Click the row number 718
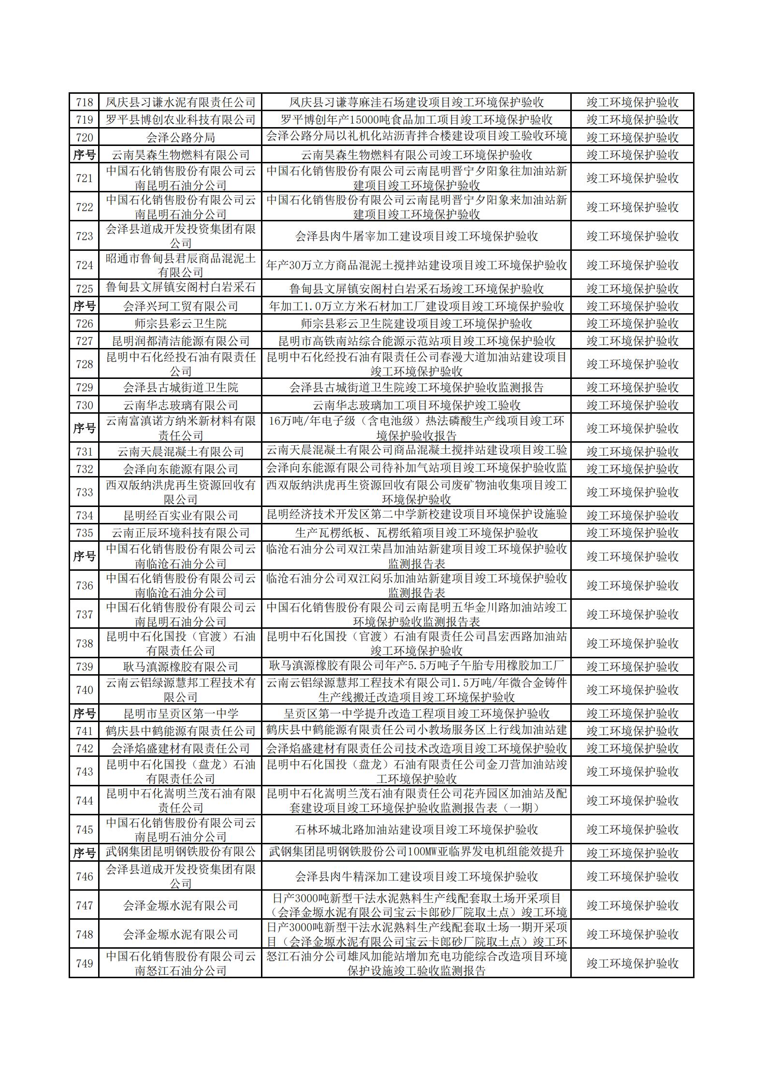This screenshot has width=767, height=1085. click(84, 102)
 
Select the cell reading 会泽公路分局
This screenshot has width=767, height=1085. click(180, 137)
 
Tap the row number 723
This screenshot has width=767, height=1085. click(84, 236)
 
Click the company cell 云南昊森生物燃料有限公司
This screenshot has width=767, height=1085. click(180, 155)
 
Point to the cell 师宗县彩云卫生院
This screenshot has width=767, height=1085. click(180, 323)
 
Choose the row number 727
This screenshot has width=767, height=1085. click(84, 341)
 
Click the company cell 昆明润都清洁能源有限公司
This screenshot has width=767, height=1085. click(180, 341)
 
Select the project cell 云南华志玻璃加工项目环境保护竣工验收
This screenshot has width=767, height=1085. click(416, 405)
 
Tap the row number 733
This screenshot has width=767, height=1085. click(84, 492)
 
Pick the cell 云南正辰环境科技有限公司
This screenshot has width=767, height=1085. click(180, 533)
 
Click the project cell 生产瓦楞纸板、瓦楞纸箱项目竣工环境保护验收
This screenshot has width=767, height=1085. click(416, 533)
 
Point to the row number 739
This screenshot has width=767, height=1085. click(84, 666)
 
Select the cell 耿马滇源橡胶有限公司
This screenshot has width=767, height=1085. click(180, 666)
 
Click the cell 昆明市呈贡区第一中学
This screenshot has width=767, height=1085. click(180, 713)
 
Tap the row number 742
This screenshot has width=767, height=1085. click(84, 748)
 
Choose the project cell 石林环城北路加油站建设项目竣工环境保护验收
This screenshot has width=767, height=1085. click(416, 829)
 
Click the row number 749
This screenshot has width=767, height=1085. click(84, 963)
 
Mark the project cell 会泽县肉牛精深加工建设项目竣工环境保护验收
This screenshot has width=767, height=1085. click(416, 876)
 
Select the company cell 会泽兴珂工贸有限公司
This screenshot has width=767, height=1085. click(180, 306)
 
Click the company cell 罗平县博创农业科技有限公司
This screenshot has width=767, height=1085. click(180, 119)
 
